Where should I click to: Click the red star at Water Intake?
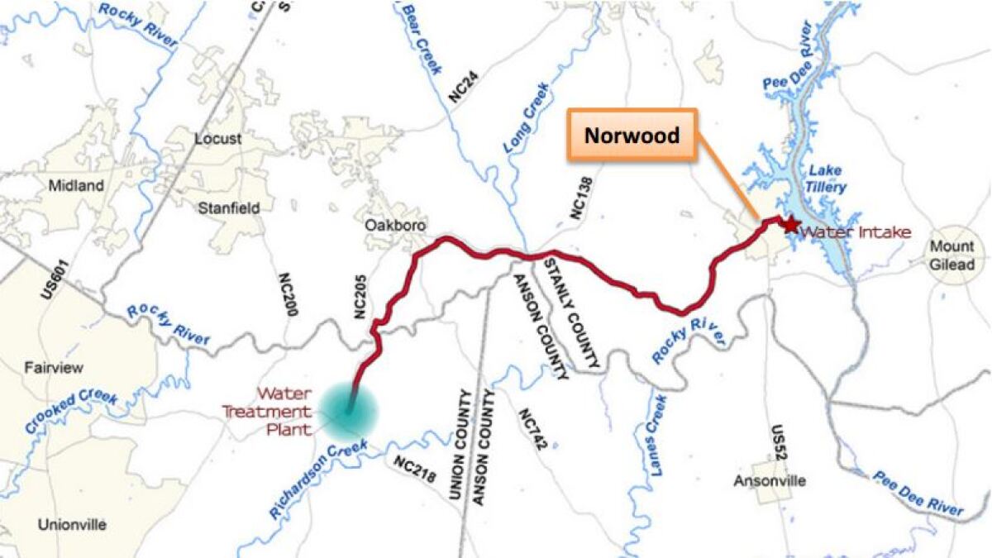coord(789,224)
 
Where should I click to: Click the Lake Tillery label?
coord(826,179)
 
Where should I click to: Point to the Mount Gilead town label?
coord(952,255)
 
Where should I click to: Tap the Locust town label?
coord(217,139)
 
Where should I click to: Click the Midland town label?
coord(76,185)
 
